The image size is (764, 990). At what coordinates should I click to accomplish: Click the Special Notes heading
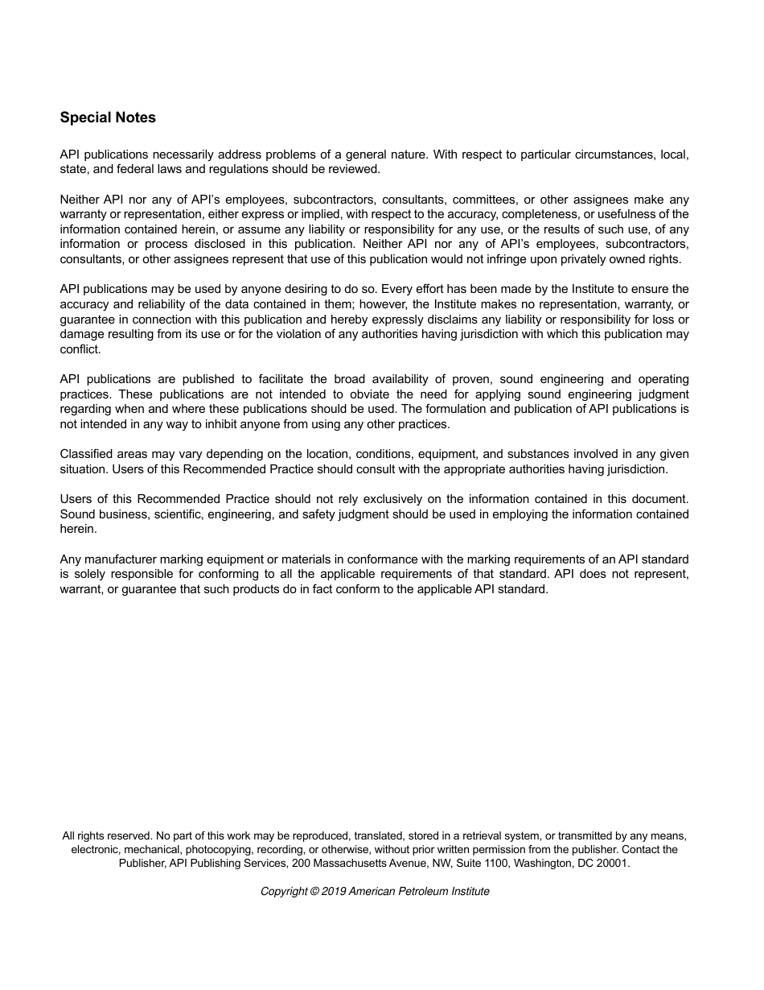coord(108,118)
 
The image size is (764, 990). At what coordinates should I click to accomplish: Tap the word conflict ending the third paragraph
coord(80,349)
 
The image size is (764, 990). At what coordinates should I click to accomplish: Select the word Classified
coord(87,454)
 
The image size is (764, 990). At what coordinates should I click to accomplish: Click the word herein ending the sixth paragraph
coord(78,529)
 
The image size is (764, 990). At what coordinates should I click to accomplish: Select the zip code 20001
coord(614,864)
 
